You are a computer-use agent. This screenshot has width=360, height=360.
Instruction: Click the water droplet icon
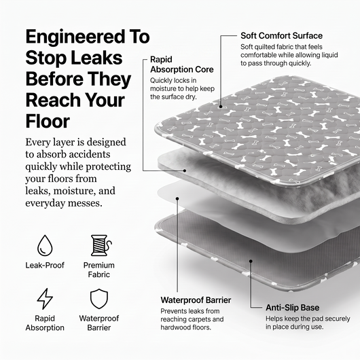click(45, 245)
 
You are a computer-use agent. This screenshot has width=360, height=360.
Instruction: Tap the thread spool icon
click(101, 245)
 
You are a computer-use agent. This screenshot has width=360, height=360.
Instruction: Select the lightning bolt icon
click(45, 299)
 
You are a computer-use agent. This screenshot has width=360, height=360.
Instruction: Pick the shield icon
click(99, 299)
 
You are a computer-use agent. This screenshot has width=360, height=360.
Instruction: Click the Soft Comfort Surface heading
click(281, 36)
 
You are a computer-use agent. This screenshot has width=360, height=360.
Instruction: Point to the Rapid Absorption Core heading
click(182, 65)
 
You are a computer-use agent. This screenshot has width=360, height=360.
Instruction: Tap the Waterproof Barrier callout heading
click(196, 300)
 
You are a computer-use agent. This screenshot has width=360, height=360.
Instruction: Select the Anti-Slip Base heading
click(293, 308)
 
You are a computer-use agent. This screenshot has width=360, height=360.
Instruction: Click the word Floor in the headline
click(48, 121)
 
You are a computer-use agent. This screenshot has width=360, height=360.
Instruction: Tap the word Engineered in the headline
click(76, 37)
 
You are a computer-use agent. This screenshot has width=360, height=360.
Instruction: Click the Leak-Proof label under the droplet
click(45, 265)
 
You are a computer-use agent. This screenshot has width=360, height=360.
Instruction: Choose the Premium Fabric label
click(99, 270)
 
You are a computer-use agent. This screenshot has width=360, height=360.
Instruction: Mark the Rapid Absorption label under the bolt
click(45, 323)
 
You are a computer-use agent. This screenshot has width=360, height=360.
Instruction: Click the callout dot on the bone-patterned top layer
click(221, 107)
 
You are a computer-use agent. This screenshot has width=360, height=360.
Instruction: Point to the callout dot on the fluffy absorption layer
click(185, 170)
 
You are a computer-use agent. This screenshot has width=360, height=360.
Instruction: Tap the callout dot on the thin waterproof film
click(177, 198)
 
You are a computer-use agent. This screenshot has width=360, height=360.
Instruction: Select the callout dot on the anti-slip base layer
click(251, 261)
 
